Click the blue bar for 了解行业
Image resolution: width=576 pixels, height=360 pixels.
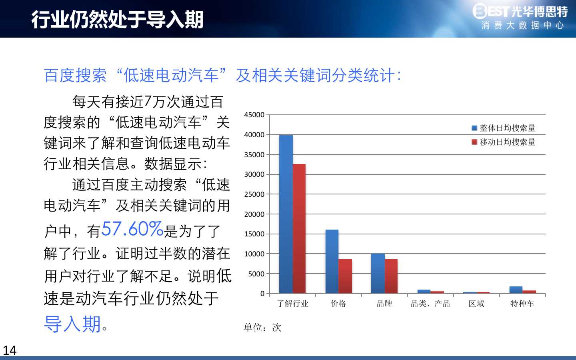point(286,214)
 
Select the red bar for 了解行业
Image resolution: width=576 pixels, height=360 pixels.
point(299,229)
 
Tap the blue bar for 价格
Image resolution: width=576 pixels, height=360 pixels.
point(332,262)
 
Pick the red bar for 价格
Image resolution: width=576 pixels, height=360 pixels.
point(345,276)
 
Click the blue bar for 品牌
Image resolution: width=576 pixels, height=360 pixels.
point(378,274)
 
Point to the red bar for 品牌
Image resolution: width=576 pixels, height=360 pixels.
point(391,276)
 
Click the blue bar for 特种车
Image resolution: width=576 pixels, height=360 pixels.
point(516,290)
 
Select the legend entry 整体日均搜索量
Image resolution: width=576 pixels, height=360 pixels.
point(504,128)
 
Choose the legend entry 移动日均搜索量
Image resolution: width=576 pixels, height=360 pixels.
point(504,142)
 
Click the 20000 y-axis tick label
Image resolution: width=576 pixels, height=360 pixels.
point(254,214)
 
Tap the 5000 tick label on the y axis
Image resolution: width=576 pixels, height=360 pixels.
point(256,274)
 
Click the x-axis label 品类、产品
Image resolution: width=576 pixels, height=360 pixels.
point(430,304)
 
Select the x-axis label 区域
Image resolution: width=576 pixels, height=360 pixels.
point(476,304)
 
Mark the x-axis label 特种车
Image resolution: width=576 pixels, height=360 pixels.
point(522,304)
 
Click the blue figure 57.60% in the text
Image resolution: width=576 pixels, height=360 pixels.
point(132,229)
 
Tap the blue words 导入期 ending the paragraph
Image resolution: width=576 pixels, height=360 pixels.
point(72,324)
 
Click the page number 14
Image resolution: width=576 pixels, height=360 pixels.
point(10,350)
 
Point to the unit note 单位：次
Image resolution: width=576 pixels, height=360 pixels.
point(262,327)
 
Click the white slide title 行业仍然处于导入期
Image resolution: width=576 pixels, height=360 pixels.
point(117,20)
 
